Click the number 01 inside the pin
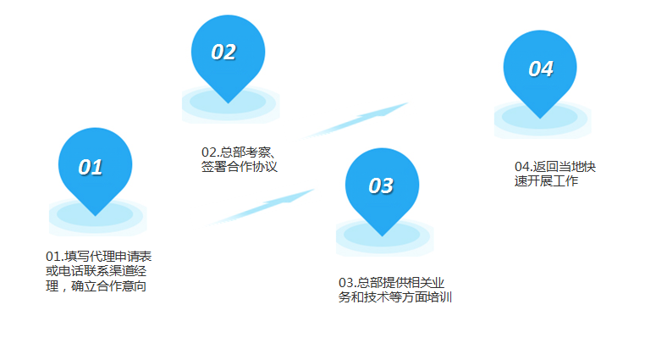point(91,168)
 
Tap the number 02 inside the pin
point(223,53)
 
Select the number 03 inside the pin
point(381,186)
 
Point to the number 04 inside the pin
point(541,69)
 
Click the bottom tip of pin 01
point(96,216)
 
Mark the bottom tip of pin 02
point(229,102)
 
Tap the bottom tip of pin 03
point(382,235)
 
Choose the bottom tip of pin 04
point(540,119)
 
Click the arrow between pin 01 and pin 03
point(261,208)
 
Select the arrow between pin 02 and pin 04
point(355,120)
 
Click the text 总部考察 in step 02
point(245,152)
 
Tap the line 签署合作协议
point(240,167)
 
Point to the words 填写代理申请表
point(107,257)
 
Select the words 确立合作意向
point(108,286)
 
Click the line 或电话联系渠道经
point(96,271)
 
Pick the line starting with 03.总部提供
point(391,283)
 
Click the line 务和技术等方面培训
point(395,297)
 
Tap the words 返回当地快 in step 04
point(565,167)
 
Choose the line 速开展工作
point(546,181)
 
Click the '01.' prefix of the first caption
point(55,257)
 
